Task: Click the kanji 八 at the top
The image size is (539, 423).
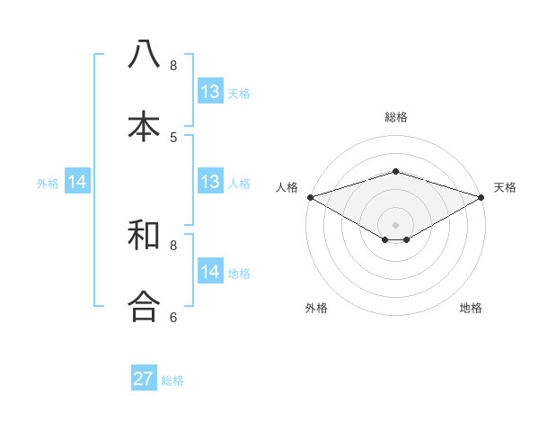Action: (x=144, y=54)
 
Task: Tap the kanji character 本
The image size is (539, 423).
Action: (x=144, y=126)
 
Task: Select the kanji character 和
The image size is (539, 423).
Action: (x=144, y=235)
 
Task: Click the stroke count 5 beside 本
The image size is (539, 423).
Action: (x=173, y=137)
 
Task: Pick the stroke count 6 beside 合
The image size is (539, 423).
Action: (x=173, y=317)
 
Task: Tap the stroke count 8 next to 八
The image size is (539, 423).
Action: (x=173, y=65)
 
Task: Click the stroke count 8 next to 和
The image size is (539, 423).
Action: (x=173, y=245)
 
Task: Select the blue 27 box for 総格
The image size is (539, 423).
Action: (x=144, y=379)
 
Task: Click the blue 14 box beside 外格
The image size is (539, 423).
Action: (x=77, y=183)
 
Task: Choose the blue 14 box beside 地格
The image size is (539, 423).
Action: (x=209, y=272)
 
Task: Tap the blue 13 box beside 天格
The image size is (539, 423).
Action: (x=209, y=92)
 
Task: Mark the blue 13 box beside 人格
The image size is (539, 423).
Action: (x=209, y=182)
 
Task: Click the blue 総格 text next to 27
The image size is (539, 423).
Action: (x=172, y=381)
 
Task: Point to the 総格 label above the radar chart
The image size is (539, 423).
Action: (x=395, y=117)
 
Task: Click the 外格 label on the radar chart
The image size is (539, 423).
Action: (x=316, y=308)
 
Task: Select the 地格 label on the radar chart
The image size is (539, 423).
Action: (x=471, y=308)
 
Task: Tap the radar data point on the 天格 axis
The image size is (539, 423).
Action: (x=482, y=196)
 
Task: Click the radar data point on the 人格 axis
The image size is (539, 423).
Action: (x=310, y=196)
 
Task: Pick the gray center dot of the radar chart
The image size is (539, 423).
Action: (x=395, y=224)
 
